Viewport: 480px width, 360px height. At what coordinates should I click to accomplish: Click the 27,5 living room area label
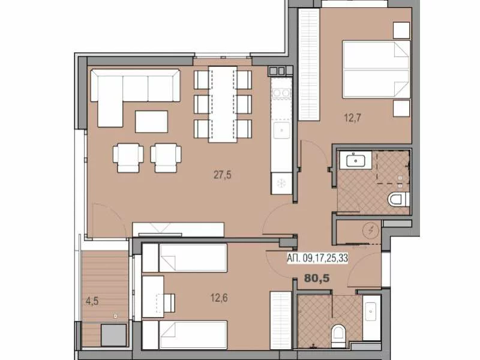click(223, 175)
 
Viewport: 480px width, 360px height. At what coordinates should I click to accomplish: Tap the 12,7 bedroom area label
click(352, 117)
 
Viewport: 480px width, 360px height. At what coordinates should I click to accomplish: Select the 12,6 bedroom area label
click(219, 298)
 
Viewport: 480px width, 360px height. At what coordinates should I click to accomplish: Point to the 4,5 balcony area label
click(92, 302)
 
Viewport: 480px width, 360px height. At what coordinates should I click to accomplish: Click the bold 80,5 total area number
click(317, 278)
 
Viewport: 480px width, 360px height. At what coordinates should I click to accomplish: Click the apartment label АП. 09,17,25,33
click(317, 259)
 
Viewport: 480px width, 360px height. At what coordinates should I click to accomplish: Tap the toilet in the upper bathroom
click(399, 199)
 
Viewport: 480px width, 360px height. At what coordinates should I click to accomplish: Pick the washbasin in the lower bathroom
click(371, 311)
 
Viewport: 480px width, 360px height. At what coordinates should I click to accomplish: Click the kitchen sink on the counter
click(281, 130)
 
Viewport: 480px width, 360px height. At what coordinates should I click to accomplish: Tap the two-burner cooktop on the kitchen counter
click(281, 93)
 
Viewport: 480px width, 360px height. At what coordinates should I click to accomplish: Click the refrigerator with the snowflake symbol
click(281, 183)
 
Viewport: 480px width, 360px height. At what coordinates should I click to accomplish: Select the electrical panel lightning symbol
click(371, 230)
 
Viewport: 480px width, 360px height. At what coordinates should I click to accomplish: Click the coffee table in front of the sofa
click(151, 122)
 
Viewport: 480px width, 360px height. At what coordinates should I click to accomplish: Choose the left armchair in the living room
click(128, 158)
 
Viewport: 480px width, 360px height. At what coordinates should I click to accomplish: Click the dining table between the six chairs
click(223, 104)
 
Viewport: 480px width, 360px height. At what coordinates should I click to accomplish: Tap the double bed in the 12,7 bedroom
click(376, 69)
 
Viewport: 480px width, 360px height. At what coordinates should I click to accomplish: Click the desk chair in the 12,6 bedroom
click(169, 302)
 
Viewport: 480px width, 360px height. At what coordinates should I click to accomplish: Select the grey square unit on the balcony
click(113, 335)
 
